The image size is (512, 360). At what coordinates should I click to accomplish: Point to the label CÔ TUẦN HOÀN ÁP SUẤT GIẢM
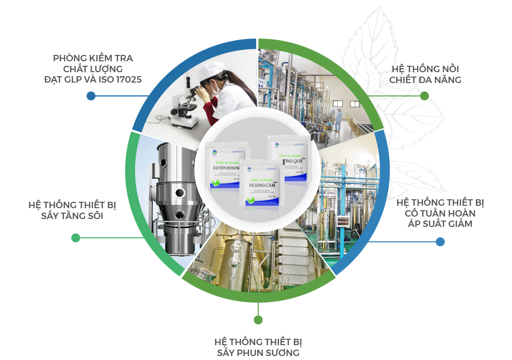(440, 213)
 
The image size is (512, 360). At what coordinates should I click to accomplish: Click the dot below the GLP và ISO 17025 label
(91, 96)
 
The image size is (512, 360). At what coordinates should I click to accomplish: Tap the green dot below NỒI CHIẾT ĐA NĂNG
(424, 96)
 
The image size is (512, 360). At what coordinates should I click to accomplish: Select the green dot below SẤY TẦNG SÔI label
(76, 238)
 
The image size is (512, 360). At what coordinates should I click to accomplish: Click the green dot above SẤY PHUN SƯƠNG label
(258, 320)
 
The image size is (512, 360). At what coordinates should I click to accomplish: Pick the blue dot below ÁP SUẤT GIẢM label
(440, 242)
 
